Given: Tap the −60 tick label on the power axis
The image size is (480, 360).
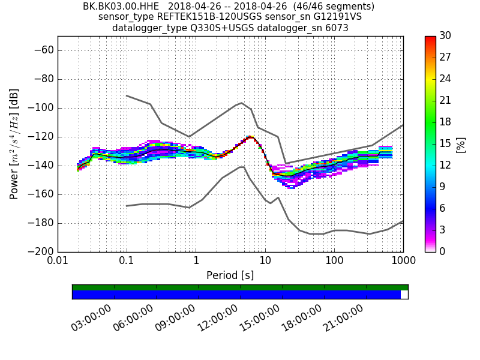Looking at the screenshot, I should click(44, 50).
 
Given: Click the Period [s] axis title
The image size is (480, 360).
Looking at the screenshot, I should click(230, 275).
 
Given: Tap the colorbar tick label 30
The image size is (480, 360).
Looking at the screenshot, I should click(445, 36).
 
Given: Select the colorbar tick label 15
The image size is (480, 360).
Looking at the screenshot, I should click(445, 143).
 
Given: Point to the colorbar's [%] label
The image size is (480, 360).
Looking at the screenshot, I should click(461, 144).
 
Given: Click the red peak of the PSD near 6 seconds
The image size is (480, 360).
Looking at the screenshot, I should click(250, 137).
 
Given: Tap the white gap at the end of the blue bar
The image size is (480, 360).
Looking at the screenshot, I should click(404, 295).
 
